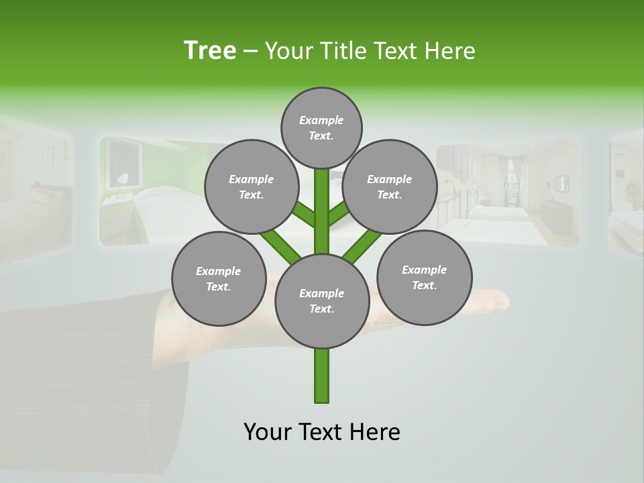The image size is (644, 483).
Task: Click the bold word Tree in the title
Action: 210,51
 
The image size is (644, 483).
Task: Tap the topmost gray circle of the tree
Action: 321,127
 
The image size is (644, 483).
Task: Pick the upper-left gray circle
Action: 252,186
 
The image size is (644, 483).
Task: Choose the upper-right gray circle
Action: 390,186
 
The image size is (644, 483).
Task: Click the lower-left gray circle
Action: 219,278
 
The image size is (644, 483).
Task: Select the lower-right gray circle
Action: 425,277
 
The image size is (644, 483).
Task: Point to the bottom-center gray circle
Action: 322,301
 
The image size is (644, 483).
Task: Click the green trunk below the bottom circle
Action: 322,376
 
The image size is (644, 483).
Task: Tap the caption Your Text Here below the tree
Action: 322,432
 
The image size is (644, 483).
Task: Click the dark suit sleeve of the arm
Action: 80,376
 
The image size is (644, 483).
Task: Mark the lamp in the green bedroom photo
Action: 122,179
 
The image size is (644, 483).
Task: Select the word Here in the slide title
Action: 449,51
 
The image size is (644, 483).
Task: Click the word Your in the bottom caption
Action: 268,432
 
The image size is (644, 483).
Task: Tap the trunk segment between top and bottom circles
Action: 322,215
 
